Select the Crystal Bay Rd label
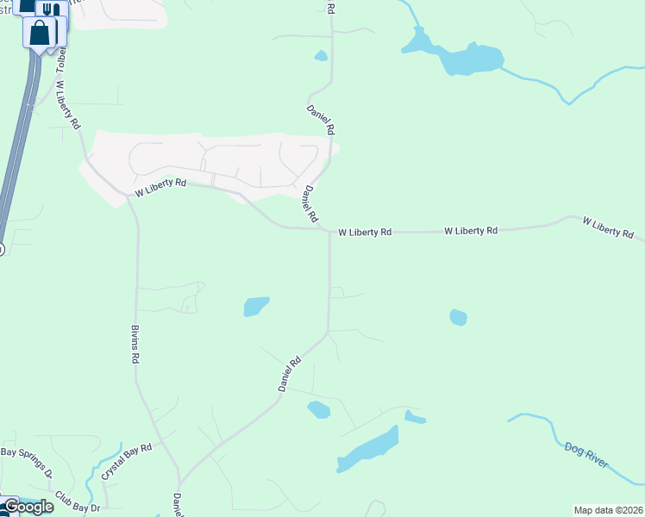click(x=126, y=461)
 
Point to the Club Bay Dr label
click(x=77, y=502)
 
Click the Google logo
click(x=28, y=507)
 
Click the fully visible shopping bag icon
click(x=41, y=34)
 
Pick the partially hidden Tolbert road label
click(x=61, y=60)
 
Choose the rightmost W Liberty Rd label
click(x=608, y=227)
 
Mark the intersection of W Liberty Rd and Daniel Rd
click(x=329, y=231)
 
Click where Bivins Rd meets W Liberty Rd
click(x=131, y=197)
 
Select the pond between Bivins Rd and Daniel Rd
click(x=256, y=306)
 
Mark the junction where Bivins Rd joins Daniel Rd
click(x=179, y=483)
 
